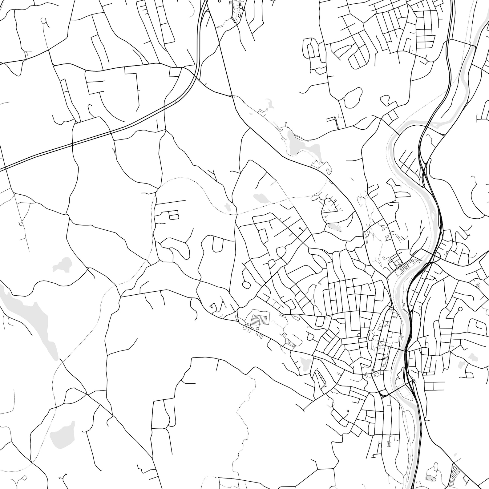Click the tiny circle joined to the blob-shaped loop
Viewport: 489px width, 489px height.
pos(343,99)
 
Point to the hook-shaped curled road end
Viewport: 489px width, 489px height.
pos(328,169)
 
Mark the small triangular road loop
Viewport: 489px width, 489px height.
pos(212,306)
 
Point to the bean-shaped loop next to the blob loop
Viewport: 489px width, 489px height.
pos(385,99)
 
